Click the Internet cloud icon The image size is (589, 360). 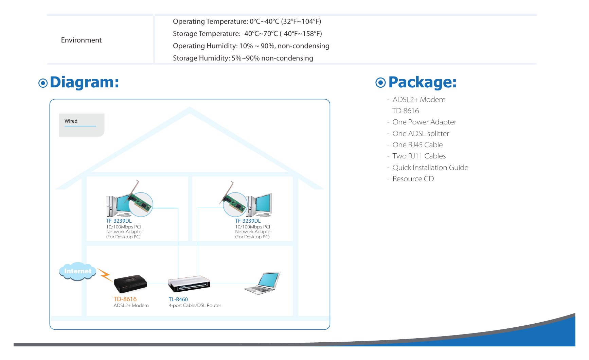tap(77, 271)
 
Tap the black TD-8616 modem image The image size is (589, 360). tap(130, 284)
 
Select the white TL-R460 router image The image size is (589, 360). tap(189, 284)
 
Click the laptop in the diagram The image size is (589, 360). tap(263, 283)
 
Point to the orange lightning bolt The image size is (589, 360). tap(105, 275)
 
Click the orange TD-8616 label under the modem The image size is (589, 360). tap(125, 299)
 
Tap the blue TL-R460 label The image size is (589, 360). tap(178, 299)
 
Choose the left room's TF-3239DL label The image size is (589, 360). tap(119, 221)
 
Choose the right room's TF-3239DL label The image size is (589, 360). tap(248, 221)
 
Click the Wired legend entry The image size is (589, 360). tap(71, 121)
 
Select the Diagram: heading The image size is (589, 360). tap(85, 82)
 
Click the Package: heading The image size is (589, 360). tap(423, 82)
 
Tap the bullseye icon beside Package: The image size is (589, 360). tap(381, 83)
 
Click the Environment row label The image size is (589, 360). tap(81, 40)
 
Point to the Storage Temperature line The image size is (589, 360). tap(247, 34)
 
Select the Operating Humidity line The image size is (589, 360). tap(251, 46)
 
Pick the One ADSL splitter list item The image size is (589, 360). tap(421, 134)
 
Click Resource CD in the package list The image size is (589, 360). tap(413, 179)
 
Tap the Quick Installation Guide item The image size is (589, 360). tap(430, 168)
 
